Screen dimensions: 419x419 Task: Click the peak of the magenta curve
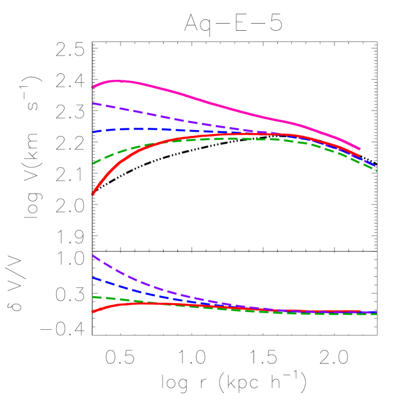[120, 80]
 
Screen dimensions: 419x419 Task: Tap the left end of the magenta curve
[93, 87]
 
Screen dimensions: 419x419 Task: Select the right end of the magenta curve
[360, 149]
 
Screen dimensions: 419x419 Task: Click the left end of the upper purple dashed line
[93, 103]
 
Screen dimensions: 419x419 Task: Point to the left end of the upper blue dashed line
[93, 132]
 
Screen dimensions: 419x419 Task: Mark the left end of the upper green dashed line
[93, 164]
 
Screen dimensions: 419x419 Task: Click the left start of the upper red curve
[93, 194]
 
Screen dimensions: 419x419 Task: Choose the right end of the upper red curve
[360, 156]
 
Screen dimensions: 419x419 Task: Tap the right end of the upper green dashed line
[376, 170]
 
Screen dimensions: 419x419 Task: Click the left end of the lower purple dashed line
[93, 255]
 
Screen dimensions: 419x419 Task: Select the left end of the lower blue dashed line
[93, 278]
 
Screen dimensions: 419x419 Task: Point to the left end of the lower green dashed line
[93, 297]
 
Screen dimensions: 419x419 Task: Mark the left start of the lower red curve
[93, 311]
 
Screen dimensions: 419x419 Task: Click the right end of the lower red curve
[360, 311]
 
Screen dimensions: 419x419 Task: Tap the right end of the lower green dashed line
[376, 314]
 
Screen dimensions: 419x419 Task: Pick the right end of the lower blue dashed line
[376, 312]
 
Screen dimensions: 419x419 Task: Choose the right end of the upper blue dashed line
[376, 167]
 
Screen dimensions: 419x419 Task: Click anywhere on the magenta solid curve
[207, 103]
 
